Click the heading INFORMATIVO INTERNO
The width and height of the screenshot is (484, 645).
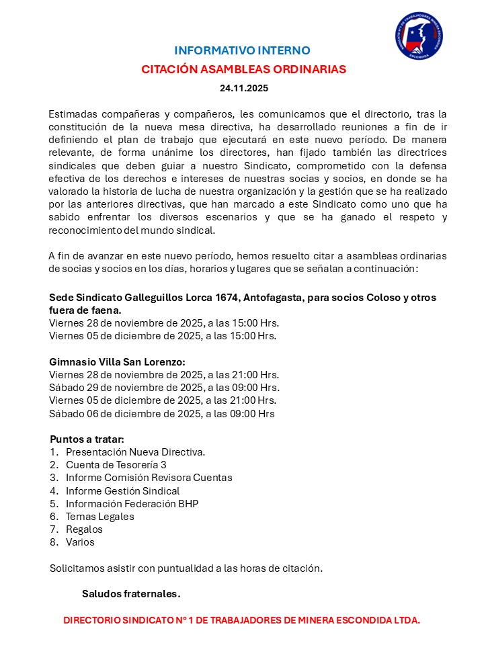[x=242, y=50]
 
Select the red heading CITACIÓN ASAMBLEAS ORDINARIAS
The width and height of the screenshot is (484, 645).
[x=243, y=69]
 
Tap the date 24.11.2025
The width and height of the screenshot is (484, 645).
[x=243, y=88]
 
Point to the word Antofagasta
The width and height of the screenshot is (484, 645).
[x=278, y=298]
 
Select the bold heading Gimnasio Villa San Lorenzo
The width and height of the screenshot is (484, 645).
[x=117, y=361]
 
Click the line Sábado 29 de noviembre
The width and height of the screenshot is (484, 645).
[x=164, y=388]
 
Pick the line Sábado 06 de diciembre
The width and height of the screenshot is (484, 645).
[x=161, y=413]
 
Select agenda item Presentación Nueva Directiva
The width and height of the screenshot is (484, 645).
[x=135, y=452]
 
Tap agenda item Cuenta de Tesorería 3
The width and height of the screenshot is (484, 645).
[x=116, y=465]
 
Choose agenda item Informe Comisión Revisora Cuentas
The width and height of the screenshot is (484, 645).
[x=149, y=478]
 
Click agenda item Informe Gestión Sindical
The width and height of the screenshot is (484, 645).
[x=122, y=490]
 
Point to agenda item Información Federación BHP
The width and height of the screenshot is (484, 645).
[x=132, y=503]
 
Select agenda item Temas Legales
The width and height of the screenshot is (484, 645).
[x=99, y=517]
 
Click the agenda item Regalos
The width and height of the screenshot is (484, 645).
[x=84, y=529]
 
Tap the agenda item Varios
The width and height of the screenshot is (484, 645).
[x=80, y=542]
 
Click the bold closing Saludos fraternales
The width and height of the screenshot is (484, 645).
[x=131, y=594]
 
